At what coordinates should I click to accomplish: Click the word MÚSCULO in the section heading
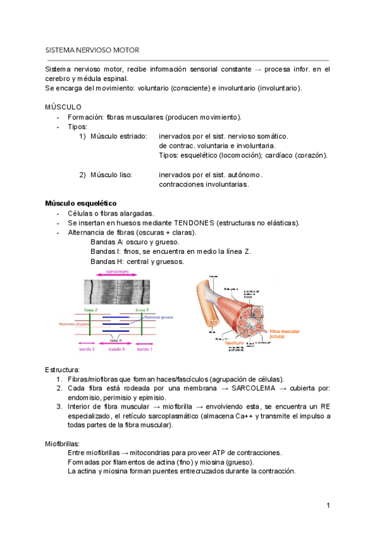coord(63,107)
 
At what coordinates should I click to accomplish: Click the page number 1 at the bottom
coord(328,505)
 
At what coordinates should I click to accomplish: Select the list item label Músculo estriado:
coord(119,136)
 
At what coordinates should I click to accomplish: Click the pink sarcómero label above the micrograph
coord(113,272)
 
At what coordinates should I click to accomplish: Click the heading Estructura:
coord(62,369)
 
